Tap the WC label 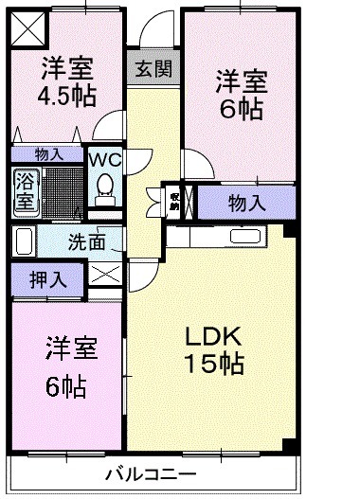pos(103,159)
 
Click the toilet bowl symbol pos(105,187)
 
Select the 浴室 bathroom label pos(24,190)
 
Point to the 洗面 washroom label pos(86,241)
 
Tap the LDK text pos(214,335)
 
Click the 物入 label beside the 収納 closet pos(245,202)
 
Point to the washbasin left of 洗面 pos(24,241)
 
